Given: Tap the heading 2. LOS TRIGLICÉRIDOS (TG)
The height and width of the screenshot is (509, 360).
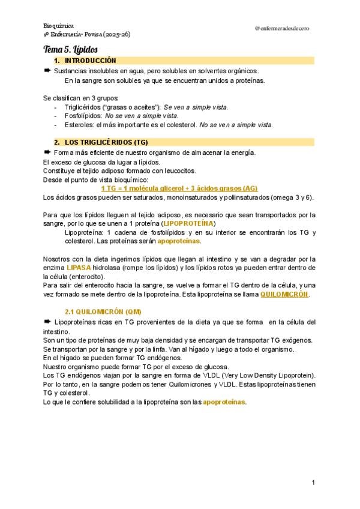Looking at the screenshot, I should pos(106,142).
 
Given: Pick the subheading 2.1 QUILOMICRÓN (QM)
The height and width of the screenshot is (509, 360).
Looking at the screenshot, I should pos(103,311).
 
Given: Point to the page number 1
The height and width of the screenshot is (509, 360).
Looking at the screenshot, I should pos(313,483).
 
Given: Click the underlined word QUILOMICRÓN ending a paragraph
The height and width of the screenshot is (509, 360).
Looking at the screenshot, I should pos(284,295).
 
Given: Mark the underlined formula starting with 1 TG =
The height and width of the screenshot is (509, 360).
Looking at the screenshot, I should pos(179,188).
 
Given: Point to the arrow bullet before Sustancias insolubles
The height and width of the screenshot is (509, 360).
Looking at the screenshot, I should pos(47,71).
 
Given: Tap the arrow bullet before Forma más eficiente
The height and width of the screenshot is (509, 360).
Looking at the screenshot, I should pos(47,152).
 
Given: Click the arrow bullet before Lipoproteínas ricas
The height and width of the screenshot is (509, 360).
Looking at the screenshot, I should pos(47,322).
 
